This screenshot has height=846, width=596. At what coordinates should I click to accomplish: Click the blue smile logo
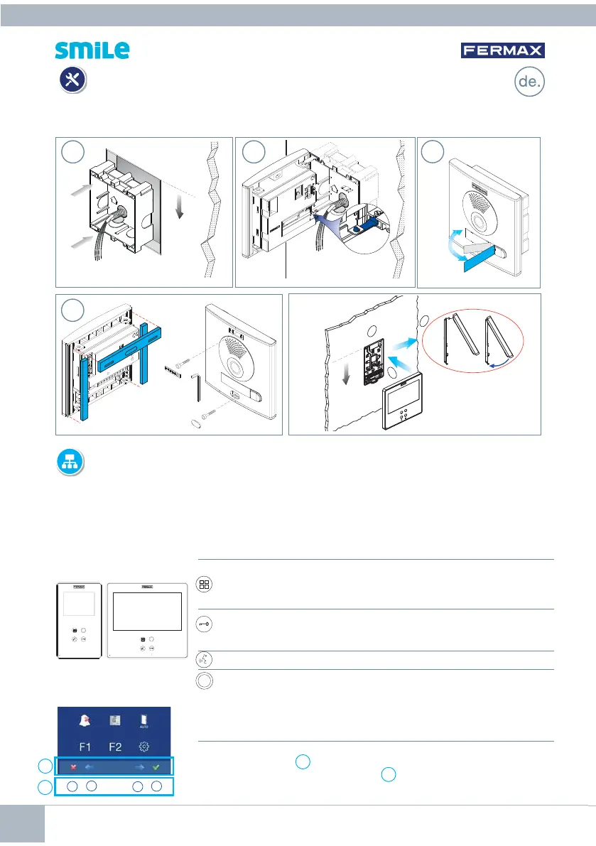click(92, 50)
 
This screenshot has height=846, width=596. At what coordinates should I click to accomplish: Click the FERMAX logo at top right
click(502, 50)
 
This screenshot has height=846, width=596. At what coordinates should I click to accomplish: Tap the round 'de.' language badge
click(529, 82)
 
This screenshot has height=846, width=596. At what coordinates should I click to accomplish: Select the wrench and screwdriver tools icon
click(72, 80)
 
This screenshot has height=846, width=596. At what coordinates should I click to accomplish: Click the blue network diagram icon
click(70, 462)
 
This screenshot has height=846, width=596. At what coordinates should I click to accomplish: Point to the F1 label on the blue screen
click(85, 747)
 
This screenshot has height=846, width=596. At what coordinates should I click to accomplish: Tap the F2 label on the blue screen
click(115, 747)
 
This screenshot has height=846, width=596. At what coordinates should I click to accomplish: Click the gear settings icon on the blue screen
click(144, 747)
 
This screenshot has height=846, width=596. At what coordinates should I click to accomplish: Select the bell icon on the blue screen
click(85, 720)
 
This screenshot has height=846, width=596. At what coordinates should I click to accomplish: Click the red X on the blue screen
click(73, 766)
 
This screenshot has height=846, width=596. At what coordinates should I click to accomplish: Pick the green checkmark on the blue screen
click(156, 766)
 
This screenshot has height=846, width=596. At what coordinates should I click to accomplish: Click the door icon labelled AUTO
click(144, 722)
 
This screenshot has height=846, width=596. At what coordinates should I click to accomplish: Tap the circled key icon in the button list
click(204, 624)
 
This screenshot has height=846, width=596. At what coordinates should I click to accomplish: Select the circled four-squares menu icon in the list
click(204, 585)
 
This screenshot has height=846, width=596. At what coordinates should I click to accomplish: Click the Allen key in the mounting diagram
click(197, 389)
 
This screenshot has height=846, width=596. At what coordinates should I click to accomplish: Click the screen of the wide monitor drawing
click(147, 612)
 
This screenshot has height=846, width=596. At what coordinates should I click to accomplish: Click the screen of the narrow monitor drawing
click(79, 604)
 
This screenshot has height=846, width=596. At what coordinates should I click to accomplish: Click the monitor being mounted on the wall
click(402, 401)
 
